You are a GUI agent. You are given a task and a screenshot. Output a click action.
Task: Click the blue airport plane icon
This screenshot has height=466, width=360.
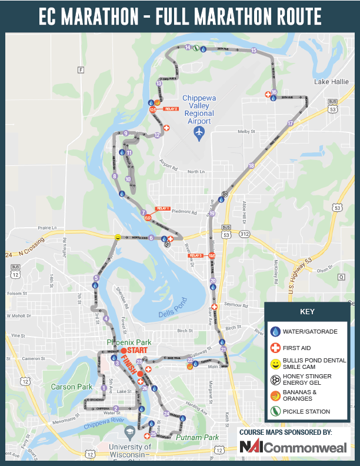pos(199,133)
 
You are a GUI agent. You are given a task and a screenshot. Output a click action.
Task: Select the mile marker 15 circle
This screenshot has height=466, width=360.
pos(254,51)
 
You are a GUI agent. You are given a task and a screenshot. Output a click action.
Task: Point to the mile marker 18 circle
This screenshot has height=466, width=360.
pos(251,166)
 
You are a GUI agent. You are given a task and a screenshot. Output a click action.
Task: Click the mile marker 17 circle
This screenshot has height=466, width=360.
pos(290,124)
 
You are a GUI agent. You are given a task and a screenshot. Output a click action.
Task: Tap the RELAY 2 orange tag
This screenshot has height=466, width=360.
pos(171,109)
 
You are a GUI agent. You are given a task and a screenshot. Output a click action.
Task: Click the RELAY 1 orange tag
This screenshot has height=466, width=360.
pos(162,209)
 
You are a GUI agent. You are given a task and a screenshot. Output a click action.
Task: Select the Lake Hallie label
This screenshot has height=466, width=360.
pos(331,81)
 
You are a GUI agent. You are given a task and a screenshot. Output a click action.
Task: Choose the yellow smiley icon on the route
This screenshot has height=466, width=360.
pos(118,237)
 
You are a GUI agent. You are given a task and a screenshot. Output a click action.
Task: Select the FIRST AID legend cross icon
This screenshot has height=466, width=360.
pos(275,347)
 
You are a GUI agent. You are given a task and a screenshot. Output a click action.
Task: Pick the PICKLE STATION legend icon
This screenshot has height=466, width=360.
pos(275,411)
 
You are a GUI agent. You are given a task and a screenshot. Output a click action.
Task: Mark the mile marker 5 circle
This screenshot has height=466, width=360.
pos(96,278)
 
